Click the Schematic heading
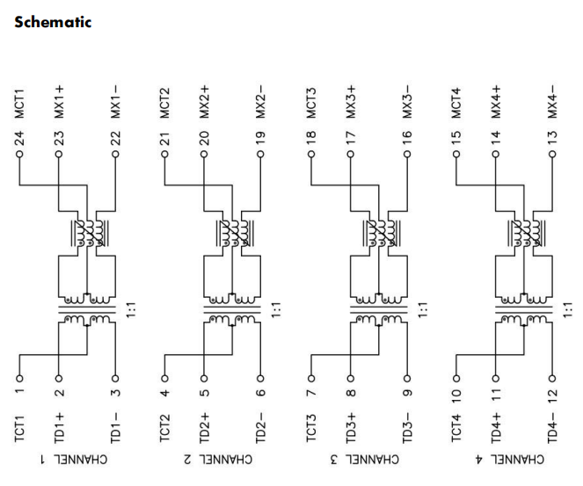click(x=53, y=22)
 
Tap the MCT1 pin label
click(x=19, y=102)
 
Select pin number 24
click(x=19, y=137)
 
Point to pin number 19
click(x=261, y=137)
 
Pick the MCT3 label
click(x=310, y=102)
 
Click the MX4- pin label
click(x=552, y=102)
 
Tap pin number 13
click(x=552, y=137)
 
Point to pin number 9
click(x=407, y=384)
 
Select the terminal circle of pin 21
click(x=164, y=154)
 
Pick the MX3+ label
click(x=351, y=102)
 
